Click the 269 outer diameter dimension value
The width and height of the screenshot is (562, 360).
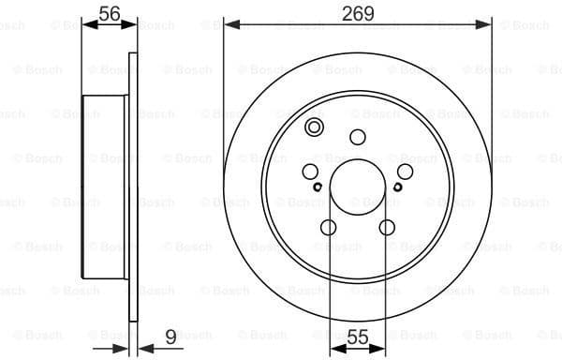(358, 13)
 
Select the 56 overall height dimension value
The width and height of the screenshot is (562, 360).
(110, 13)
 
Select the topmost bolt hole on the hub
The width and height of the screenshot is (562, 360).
(358, 137)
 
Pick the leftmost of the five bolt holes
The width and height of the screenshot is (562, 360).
(310, 172)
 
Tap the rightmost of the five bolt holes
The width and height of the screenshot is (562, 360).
(406, 172)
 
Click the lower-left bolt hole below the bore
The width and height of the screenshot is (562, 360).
(328, 227)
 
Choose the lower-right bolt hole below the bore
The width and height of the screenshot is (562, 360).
(387, 227)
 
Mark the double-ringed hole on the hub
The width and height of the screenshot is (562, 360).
(315, 128)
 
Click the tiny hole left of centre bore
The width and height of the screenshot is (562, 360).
(318, 187)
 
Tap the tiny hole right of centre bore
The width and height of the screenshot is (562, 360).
(397, 187)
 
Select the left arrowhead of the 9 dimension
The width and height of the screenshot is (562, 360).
(123, 349)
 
